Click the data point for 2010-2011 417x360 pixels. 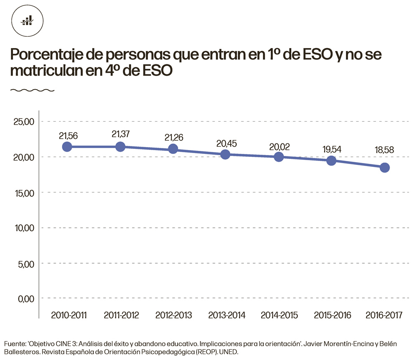pos(67,147)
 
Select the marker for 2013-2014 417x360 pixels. pos(225,155)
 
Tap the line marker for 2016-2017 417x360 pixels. pos(384,168)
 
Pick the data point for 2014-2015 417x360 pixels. pos(279,157)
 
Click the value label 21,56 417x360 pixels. pos(68,136)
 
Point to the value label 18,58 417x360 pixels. pos(384,150)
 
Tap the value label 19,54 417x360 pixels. pos(332,149)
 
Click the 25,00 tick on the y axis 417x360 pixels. pos(23,122)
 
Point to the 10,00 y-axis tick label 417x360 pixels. pos(23,228)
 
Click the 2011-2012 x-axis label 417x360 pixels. pos(121,315)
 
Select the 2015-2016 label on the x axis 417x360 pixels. pos(332,315)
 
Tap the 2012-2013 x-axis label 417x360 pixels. pos(173,315)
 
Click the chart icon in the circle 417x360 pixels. pos(28,20)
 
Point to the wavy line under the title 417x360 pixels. pos(32,90)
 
